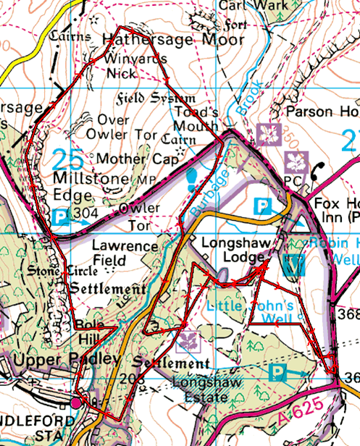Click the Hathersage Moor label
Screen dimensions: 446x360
pos(174,38)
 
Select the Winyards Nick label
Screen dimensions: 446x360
pos(131,66)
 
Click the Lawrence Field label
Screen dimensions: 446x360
pos(120,253)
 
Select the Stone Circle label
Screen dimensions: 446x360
pos(55,272)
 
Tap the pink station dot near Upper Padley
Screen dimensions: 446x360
pos(78,402)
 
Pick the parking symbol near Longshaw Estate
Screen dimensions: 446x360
pos(277,372)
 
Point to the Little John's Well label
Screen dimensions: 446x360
pos(249,312)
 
